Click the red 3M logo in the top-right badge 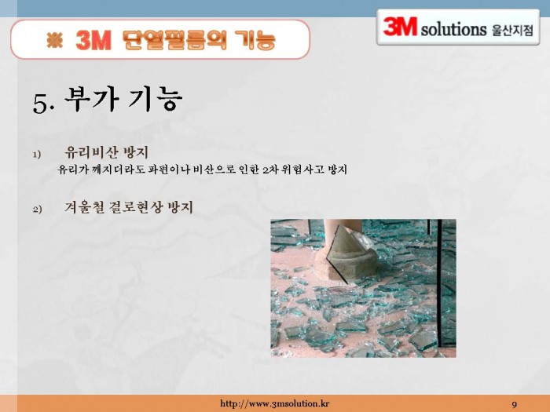click(400, 27)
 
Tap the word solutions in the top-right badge click(454, 29)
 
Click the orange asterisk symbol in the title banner click(55, 40)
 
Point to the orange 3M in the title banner click(93, 40)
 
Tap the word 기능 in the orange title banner click(255, 40)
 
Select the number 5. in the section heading click(44, 103)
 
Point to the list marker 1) click(37, 155)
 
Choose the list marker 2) click(37, 210)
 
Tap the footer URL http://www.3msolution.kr click(275, 403)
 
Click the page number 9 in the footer click(514, 405)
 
